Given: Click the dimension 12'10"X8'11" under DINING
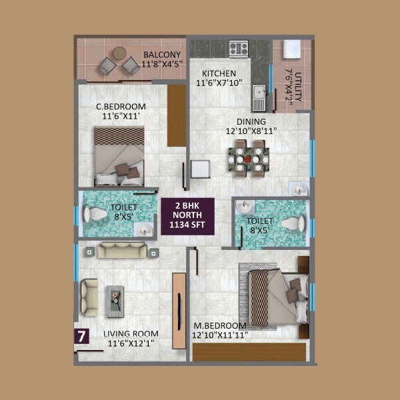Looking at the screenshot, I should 250,131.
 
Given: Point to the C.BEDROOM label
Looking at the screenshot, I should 121,107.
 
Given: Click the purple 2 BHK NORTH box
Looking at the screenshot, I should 187,216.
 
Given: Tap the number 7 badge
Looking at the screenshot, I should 81,337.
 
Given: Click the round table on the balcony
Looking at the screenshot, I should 119,53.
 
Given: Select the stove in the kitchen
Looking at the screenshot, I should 238,48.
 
